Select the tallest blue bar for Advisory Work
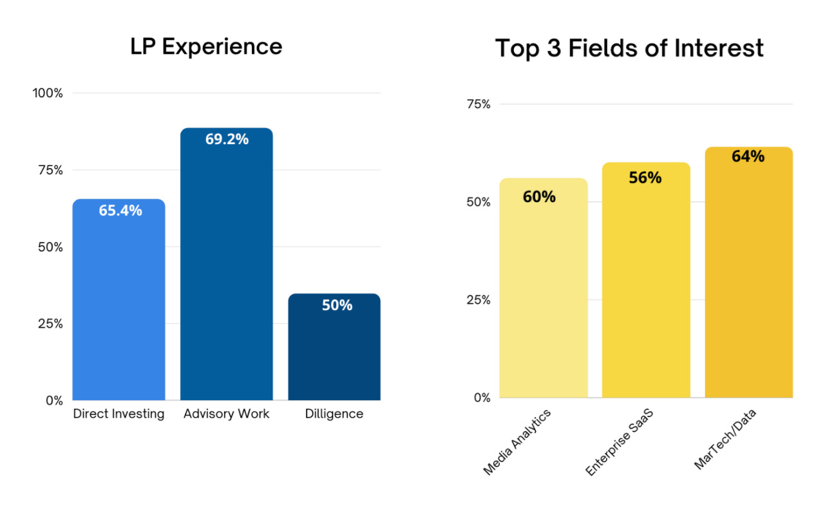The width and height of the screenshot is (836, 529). [x=227, y=264]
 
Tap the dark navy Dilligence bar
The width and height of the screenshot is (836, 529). [x=334, y=347]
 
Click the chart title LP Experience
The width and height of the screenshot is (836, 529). [x=206, y=46]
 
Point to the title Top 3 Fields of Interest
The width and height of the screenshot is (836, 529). [x=629, y=48]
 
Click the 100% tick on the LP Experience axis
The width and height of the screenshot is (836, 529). [x=48, y=93]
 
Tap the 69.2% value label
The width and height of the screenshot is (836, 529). [x=227, y=138]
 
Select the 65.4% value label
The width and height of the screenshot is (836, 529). [x=120, y=210]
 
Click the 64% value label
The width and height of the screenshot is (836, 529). [x=748, y=156]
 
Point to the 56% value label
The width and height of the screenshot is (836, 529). [x=645, y=178]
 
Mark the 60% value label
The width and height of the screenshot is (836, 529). [x=539, y=197]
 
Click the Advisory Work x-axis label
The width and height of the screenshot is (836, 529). [x=226, y=414]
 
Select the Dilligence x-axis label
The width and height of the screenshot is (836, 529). [x=334, y=414]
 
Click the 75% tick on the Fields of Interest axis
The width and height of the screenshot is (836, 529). [x=478, y=104]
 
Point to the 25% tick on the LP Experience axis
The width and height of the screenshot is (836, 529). [x=50, y=324]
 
